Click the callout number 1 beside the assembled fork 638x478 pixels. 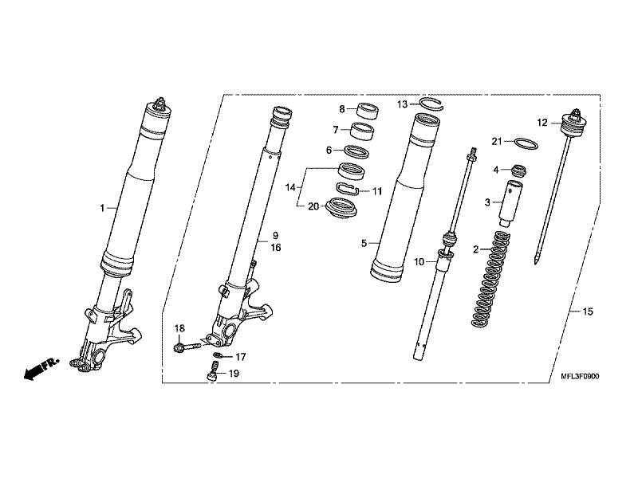click(x=102, y=208)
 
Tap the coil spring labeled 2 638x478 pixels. click(x=490, y=279)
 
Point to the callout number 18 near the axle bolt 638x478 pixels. click(x=179, y=329)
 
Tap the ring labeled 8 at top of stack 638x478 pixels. click(x=368, y=110)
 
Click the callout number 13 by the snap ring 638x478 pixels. click(x=403, y=104)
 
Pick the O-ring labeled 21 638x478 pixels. click(x=523, y=144)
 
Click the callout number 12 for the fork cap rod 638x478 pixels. click(x=542, y=123)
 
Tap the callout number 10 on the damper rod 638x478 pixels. click(x=419, y=261)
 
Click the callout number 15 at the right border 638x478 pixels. click(x=589, y=311)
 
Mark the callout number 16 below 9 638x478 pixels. click(x=276, y=249)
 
